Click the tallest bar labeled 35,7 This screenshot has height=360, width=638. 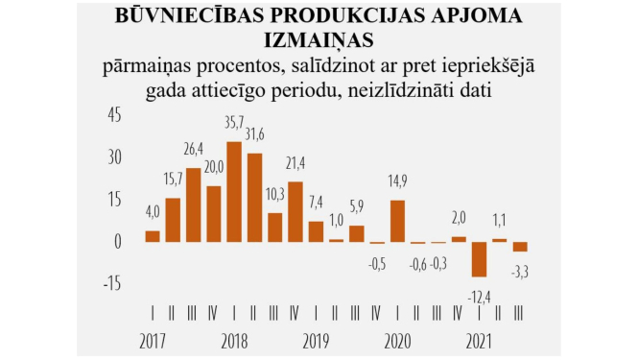[234, 192]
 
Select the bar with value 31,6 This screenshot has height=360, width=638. [254, 198]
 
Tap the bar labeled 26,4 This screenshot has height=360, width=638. [193, 204]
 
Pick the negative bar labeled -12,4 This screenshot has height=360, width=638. [480, 259]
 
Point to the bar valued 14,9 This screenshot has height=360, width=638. [398, 221]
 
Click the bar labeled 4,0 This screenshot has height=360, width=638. [153, 236]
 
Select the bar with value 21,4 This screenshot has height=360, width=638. [295, 211]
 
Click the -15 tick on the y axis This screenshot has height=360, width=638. [112, 283]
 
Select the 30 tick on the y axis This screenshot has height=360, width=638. [115, 156]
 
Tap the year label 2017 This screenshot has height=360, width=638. [154, 340]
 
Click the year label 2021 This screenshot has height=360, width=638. [480, 340]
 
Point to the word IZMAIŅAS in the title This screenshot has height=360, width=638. [319, 41]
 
